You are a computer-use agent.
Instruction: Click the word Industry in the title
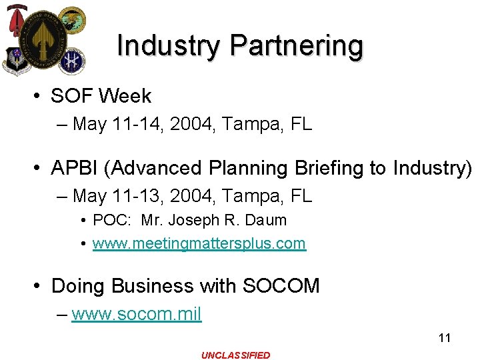169,46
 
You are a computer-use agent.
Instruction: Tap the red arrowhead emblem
15,21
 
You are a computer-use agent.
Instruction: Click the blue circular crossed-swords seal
71,60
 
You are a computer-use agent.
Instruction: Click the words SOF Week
101,96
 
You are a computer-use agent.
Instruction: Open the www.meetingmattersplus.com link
199,243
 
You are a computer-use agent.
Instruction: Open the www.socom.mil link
136,313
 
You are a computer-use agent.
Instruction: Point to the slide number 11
444,338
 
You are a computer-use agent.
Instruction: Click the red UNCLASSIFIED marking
236,355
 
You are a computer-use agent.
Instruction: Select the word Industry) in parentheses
432,167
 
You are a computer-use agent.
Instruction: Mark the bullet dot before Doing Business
39,287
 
